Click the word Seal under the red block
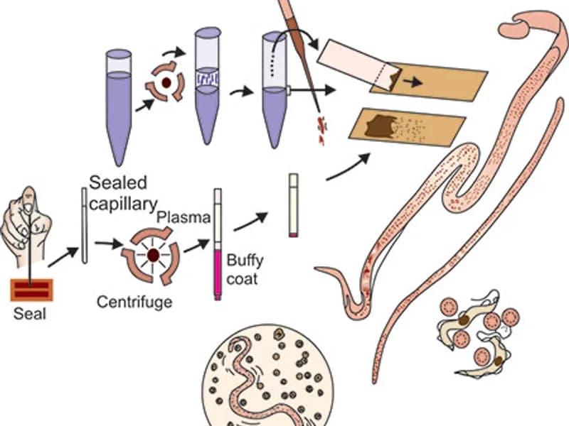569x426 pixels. [30, 313]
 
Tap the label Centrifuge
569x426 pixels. [134, 302]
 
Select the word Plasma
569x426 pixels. [186, 217]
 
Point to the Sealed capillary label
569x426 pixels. [123, 193]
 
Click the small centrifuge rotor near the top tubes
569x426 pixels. [165, 82]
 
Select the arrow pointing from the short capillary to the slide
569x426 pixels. [349, 167]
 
